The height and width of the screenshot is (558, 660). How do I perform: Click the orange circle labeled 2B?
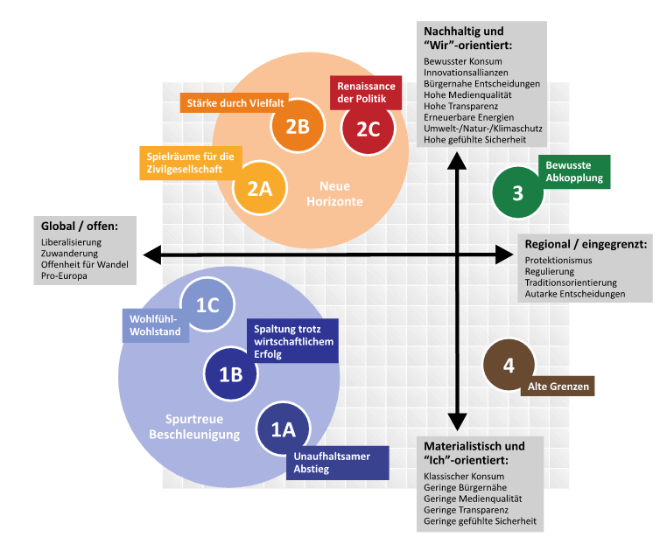pos(297,127)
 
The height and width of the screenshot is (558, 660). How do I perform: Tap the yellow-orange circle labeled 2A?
pos(258,187)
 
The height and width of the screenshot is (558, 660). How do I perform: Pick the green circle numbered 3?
pos(517,192)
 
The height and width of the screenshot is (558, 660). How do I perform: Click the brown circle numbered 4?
pos(509,365)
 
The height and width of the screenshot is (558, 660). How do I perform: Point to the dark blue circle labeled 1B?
pos(230,374)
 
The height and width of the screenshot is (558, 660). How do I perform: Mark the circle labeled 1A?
pos(283,429)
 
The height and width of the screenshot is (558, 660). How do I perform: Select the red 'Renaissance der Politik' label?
pos(369,92)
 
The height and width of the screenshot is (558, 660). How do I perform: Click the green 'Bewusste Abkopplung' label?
pos(572,171)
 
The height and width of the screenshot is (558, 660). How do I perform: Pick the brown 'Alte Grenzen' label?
pos(558,386)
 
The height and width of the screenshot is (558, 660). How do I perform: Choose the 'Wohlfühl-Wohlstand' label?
pos(154,325)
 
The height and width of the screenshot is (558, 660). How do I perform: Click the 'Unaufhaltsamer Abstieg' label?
pos(337,463)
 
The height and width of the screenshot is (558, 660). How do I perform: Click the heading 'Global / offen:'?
pos(80,226)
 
